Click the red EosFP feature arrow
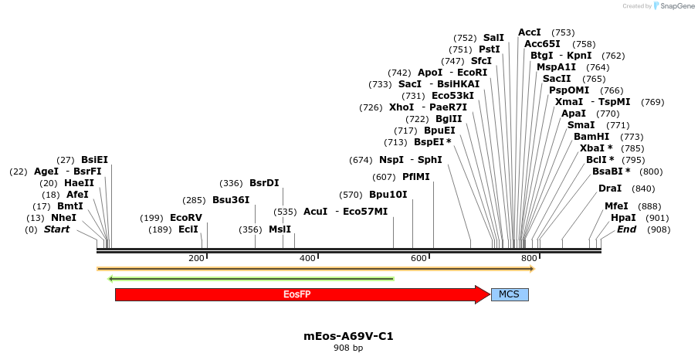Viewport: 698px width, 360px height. tap(297, 294)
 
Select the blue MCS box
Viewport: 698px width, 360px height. tap(510, 294)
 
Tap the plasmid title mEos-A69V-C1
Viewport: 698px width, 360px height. tap(354, 336)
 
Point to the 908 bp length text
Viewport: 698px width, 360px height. tap(348, 348)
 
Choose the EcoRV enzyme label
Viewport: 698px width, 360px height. tap(186, 218)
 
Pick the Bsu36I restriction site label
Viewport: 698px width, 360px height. tap(232, 200)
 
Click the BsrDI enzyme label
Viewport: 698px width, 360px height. tap(264, 183)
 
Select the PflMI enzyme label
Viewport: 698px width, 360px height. tap(416, 177)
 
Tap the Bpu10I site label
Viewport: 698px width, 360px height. tap(388, 195)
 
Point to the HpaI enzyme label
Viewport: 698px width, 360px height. tap(623, 218)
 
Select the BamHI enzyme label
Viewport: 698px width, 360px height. tap(591, 137)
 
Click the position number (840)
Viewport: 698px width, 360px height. tap(643, 188)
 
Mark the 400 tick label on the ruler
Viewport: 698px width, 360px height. tap(307, 258)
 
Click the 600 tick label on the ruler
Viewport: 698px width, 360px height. tap(418, 258)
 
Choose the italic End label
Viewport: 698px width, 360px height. tap(626, 229)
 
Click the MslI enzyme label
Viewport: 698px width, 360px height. tap(280, 229)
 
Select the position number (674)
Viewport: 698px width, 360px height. tap(361, 160)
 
